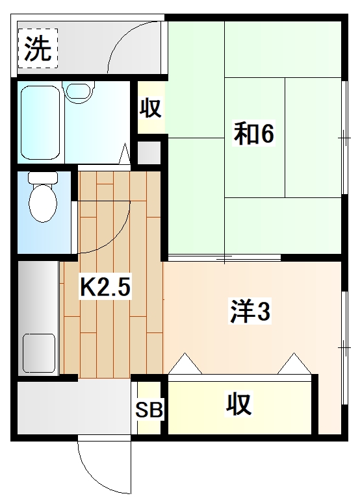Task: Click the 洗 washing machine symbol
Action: click(x=38, y=49)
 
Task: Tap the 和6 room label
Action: click(x=254, y=134)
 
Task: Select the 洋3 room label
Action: click(x=249, y=312)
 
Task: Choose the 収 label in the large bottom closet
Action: click(x=238, y=405)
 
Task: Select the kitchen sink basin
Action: click(x=39, y=351)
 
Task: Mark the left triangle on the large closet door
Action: click(x=185, y=364)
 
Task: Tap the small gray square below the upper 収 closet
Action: click(x=149, y=151)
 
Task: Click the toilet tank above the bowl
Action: click(x=44, y=177)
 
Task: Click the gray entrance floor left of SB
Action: click(x=71, y=408)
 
